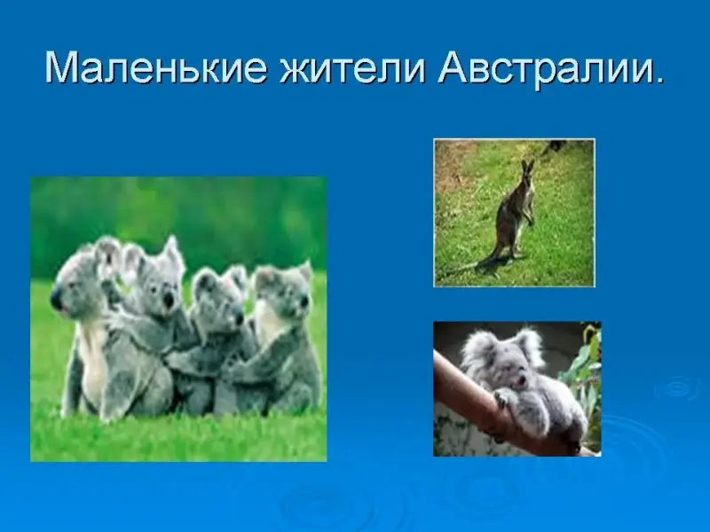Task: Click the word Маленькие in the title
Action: [x=155, y=68]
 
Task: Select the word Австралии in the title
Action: [x=544, y=69]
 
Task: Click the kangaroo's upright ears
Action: [x=527, y=165]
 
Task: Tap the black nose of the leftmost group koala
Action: [x=57, y=300]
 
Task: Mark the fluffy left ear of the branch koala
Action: [x=477, y=347]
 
